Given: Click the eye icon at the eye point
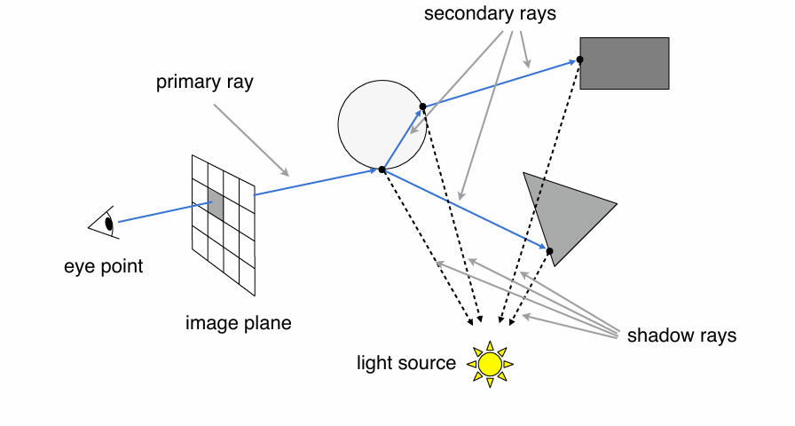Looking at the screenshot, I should tap(105, 223).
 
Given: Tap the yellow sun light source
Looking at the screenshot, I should tap(490, 363).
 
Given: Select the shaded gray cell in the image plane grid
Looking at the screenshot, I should tap(216, 201).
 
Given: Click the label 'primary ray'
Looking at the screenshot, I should tap(205, 83).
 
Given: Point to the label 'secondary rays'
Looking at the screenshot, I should tap(490, 14).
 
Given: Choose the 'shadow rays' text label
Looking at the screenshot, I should tap(681, 335).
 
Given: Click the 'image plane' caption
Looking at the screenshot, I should tap(238, 322).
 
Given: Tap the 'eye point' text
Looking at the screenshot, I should tap(103, 265).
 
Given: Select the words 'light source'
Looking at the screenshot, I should tap(406, 363).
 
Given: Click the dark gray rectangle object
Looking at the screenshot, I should tap(625, 63).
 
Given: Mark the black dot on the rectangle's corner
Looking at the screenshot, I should tap(579, 59).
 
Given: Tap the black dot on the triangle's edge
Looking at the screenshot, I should tap(549, 252).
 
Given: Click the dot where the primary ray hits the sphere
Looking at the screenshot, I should tap(382, 169).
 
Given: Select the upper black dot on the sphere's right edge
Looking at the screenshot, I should tap(422, 106).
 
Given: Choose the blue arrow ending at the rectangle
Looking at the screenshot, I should tap(501, 83).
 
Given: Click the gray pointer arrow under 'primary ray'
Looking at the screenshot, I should tap(251, 139).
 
